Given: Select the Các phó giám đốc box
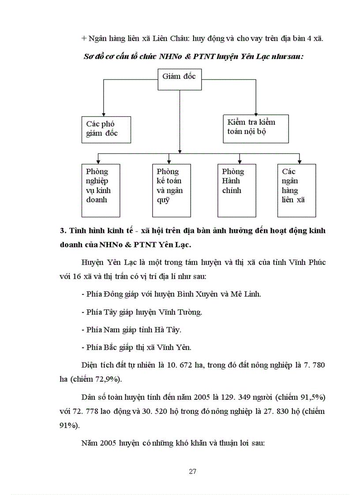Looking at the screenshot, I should pos(106,129).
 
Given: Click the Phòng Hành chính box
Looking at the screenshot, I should pos(236,190).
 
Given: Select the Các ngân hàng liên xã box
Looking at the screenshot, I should pos(296,190).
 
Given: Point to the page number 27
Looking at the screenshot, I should pos(192,471).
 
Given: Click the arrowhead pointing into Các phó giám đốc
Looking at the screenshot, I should pos(104,114).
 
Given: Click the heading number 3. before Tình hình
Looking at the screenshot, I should pos(62,231).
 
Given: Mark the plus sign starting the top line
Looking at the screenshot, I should pos(84,39).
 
